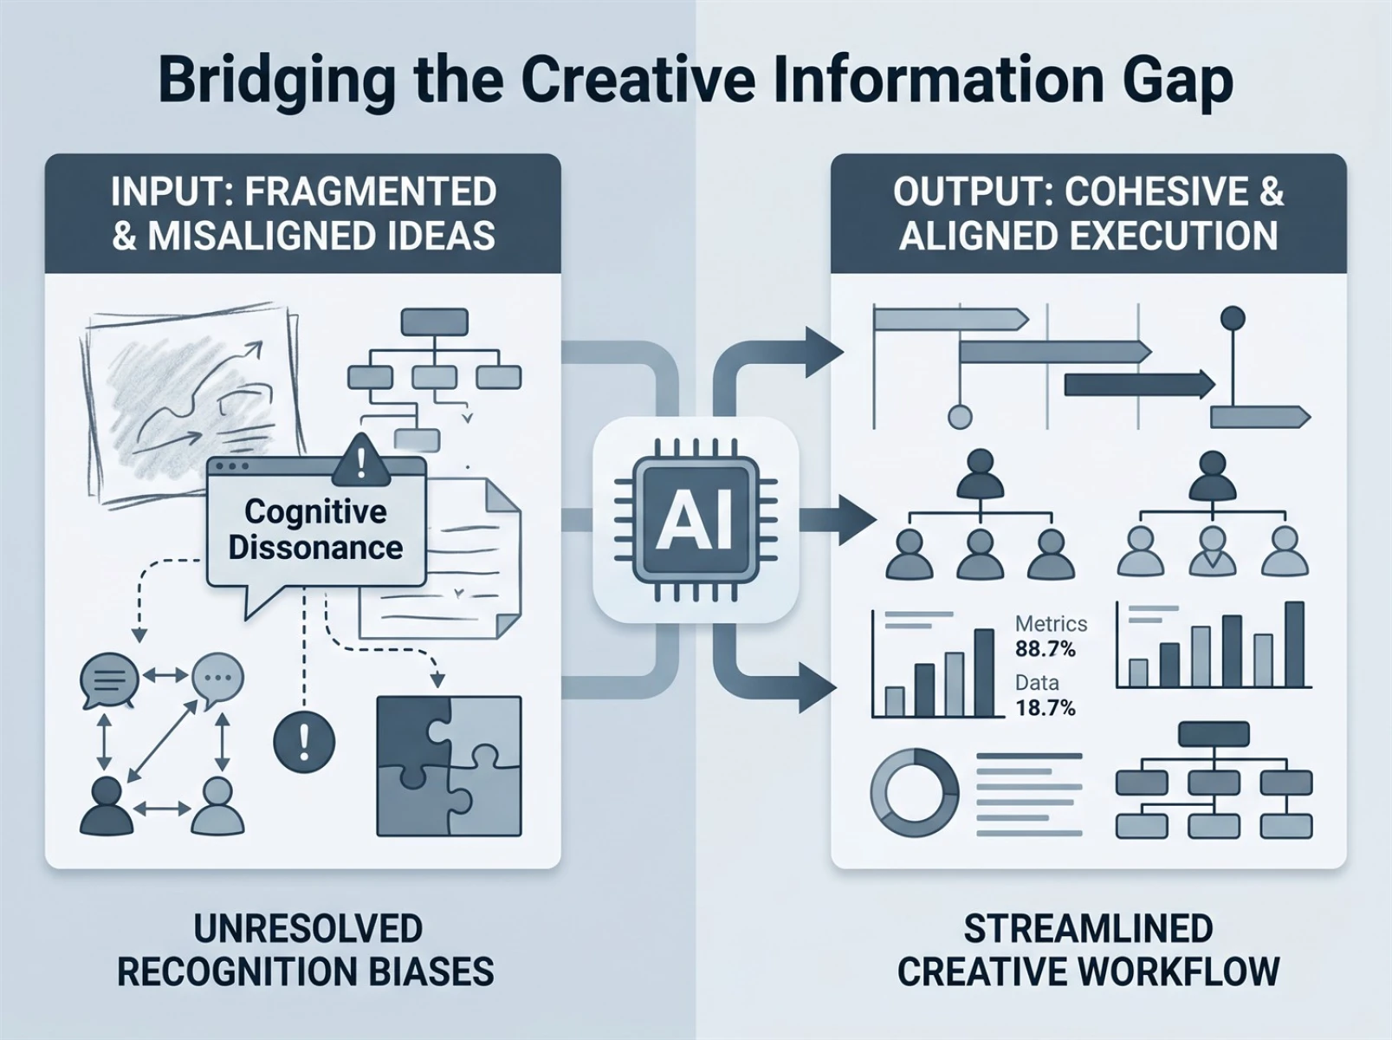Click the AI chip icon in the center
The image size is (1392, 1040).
pos(696,520)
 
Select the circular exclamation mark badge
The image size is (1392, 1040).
pos(304,741)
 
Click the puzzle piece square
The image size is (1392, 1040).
pos(449,766)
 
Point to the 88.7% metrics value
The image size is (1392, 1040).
pos(1046,649)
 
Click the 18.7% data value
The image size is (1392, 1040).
pos(1046,707)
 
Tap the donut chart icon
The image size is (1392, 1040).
pos(915,792)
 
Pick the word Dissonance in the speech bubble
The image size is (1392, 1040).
pos(315,548)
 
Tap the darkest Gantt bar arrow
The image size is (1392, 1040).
pos(1139,385)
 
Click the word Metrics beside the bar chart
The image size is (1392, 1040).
pos(1051,624)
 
